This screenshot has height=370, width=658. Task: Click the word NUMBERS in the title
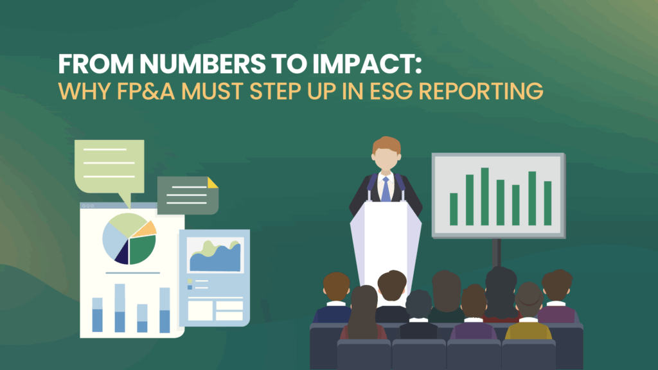(x=202, y=64)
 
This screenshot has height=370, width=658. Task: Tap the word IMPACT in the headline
(x=364, y=64)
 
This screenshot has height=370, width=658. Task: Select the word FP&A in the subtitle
(x=146, y=91)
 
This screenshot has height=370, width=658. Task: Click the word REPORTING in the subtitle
(x=481, y=91)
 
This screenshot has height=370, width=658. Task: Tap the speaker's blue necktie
(x=386, y=189)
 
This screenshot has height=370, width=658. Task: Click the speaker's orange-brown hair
(x=386, y=145)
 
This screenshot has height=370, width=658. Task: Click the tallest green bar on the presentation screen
(x=485, y=197)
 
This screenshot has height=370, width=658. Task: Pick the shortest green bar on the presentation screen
(x=454, y=209)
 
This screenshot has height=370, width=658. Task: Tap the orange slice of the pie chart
(x=147, y=229)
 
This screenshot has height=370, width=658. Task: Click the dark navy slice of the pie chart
(x=123, y=253)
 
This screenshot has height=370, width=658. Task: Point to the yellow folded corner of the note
(x=212, y=182)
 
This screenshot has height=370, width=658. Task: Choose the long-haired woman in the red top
(x=364, y=313)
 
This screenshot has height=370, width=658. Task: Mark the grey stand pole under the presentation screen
(x=497, y=252)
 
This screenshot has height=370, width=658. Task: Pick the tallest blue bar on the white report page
(x=120, y=308)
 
